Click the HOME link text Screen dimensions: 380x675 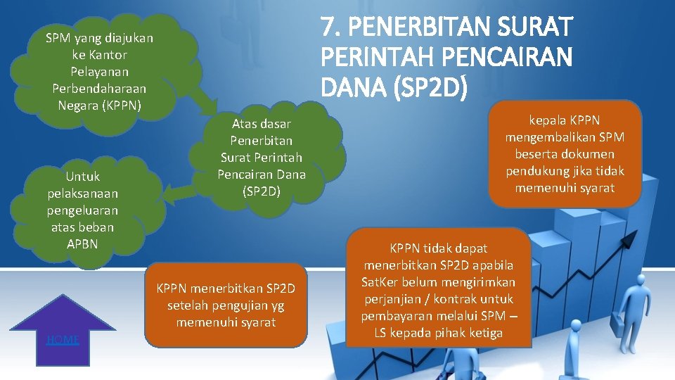click(63, 340)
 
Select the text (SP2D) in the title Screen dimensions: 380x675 click(429, 86)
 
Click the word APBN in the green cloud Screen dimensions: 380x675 click(83, 244)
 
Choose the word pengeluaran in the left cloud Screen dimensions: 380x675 click(83, 210)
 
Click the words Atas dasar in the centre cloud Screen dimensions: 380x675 click(262, 124)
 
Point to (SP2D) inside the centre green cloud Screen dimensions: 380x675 click(262, 191)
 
